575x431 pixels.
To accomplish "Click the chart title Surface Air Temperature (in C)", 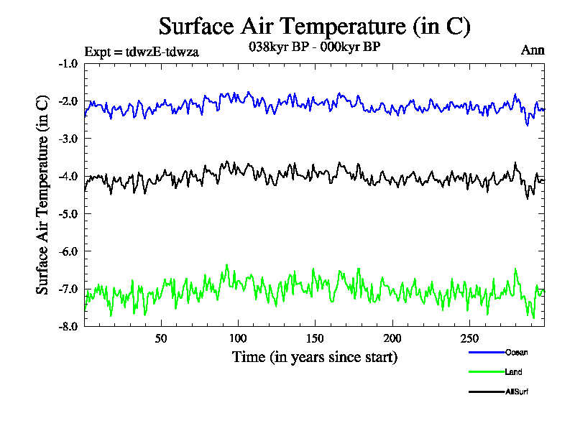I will [x=314, y=27].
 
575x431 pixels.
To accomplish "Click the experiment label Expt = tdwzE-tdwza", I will [x=142, y=52].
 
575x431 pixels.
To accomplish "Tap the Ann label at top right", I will [x=533, y=50].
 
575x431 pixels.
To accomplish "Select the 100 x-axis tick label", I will [x=238, y=338].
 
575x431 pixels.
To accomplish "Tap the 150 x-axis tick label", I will [x=315, y=338].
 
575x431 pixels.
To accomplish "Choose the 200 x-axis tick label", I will [x=392, y=338].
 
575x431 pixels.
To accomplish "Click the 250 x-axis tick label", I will [x=469, y=338].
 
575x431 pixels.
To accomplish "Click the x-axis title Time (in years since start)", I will [x=314, y=356].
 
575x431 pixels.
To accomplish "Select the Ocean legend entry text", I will [x=516, y=352].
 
